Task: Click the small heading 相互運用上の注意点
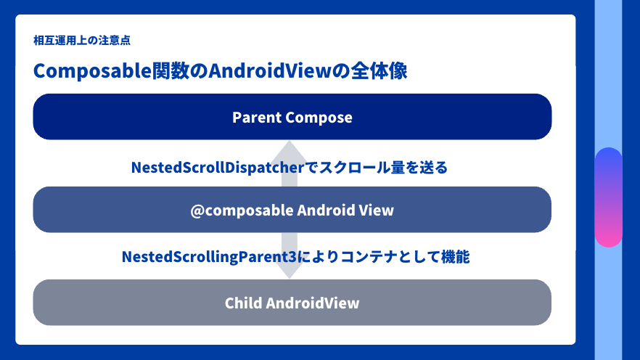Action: point(82,41)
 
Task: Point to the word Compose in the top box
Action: point(319,117)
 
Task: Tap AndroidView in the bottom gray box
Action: point(313,303)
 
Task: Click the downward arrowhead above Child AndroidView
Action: point(289,270)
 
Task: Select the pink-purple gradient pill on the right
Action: point(608,197)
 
